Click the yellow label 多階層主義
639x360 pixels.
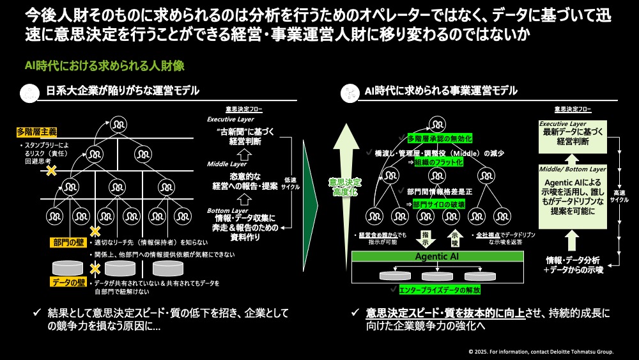click(37, 132)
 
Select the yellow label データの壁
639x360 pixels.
click(69, 282)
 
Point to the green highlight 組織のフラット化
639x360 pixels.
click(440, 162)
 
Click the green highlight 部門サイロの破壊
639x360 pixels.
click(439, 205)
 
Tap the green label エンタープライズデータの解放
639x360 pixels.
click(441, 290)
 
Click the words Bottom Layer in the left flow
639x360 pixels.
click(227, 210)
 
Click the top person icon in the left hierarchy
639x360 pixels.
click(118, 123)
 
